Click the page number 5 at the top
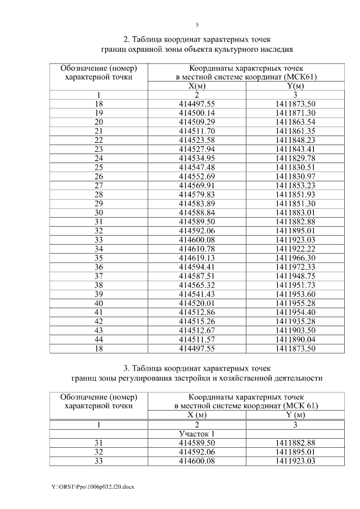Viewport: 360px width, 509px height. pyautogui.click(x=197, y=25)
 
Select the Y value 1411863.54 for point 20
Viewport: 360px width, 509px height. pyautogui.click(x=295, y=122)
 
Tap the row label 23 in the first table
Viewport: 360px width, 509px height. pyautogui.click(x=99, y=148)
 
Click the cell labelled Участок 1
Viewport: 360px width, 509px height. pyautogui.click(x=197, y=434)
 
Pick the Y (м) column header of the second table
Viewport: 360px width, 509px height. pyautogui.click(x=295, y=415)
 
